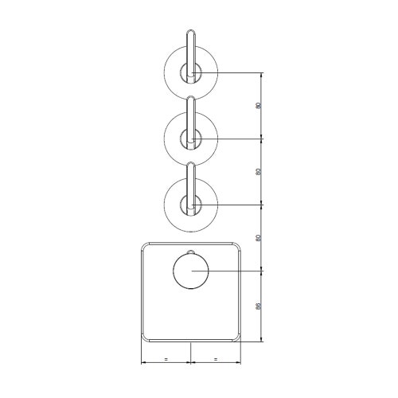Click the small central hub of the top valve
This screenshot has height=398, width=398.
tap(190, 73)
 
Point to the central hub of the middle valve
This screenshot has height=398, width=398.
tap(190, 140)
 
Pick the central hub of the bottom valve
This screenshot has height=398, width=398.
tap(190, 206)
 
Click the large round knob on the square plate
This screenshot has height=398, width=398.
tap(190, 273)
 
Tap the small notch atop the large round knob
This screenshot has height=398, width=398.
tap(190, 256)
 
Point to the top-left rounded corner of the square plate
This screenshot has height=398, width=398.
tap(144, 244)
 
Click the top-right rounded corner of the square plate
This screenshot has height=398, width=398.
tap(236, 244)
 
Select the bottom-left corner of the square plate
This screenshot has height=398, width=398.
tap(144, 338)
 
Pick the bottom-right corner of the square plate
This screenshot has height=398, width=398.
tap(236, 338)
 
